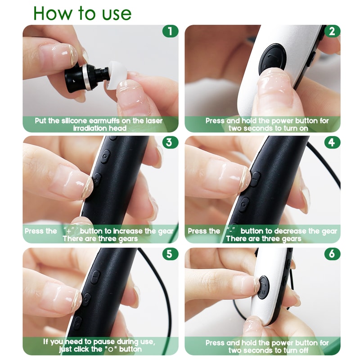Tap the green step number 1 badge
170,31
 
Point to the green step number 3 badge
170,143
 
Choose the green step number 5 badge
170,254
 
